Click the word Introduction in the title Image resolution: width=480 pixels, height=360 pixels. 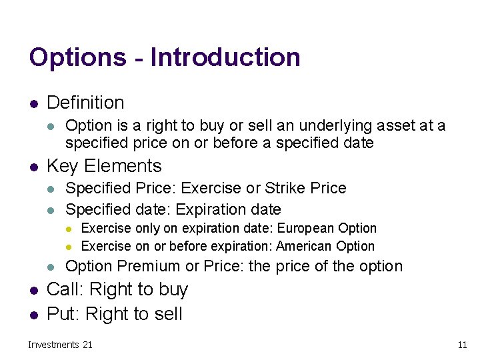pos(225,58)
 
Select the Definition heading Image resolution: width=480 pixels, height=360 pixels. pos(85,103)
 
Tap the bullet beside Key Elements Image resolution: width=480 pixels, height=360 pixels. pos(33,167)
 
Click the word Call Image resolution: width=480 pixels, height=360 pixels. pos(64,289)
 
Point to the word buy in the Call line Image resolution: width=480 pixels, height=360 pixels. pos(173,289)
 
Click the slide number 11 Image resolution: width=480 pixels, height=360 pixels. pos(462,345)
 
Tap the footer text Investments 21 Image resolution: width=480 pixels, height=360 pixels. pos(60,345)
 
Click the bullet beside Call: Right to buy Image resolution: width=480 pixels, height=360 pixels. pos(33,290)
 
